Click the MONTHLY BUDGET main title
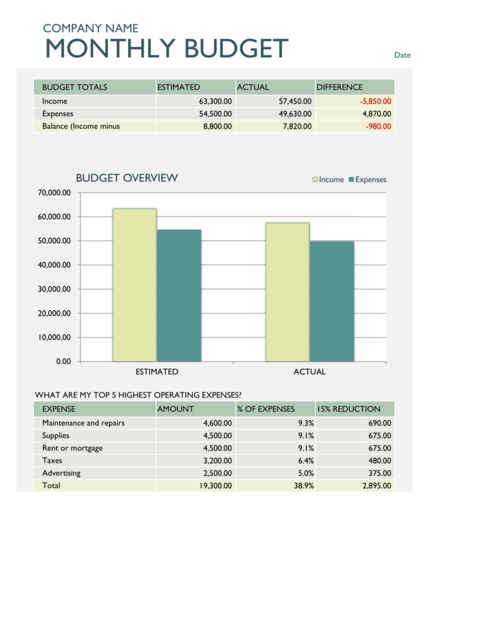point(166,49)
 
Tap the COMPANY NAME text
point(90,28)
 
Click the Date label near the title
point(402,55)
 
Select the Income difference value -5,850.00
point(375,101)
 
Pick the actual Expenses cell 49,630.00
point(294,114)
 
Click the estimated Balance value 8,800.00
point(216,127)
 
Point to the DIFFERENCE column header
point(340,88)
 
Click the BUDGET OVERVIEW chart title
point(127,178)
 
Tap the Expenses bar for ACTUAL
point(331,301)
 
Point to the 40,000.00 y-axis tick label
point(54,265)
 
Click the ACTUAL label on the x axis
point(309,372)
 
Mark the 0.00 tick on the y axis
point(63,361)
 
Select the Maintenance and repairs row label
point(83,423)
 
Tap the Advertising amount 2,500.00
point(216,473)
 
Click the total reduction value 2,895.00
point(376,486)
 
